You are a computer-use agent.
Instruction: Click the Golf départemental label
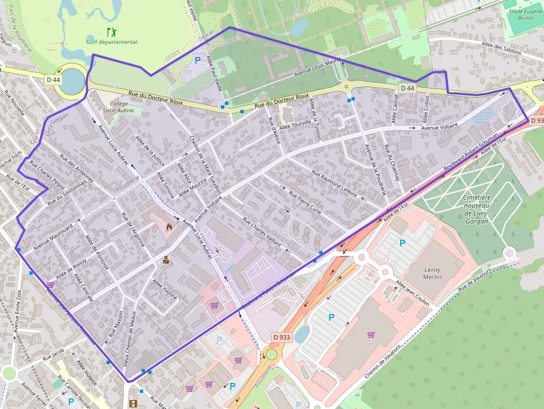pyautogui.click(x=112, y=42)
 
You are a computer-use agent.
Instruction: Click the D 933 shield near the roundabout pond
pyautogui.click(x=282, y=337)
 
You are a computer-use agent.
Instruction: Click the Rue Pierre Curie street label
pyautogui.click(x=305, y=203)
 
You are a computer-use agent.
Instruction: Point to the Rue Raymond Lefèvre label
pyautogui.click(x=334, y=183)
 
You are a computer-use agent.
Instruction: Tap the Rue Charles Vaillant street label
pyautogui.click(x=262, y=231)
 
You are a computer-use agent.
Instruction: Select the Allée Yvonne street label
pyautogui.click(x=164, y=289)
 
